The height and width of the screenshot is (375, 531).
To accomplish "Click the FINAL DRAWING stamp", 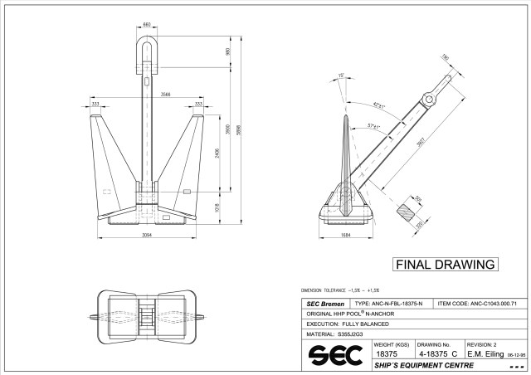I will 444,265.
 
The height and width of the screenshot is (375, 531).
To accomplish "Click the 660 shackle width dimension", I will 147,25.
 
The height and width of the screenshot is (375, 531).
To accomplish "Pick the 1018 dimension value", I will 217,207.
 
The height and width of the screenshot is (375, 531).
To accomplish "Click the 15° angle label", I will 341,75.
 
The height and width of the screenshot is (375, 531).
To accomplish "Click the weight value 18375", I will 386,353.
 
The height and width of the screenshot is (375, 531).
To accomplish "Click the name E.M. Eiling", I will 485,353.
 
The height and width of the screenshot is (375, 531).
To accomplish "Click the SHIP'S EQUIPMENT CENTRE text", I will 423,365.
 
